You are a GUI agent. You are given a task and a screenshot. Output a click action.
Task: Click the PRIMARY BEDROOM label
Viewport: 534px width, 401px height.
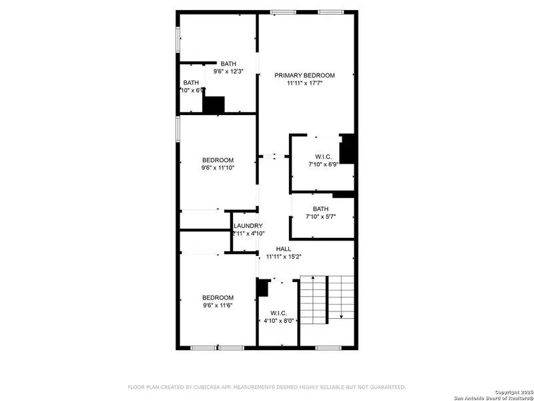pos(304,76)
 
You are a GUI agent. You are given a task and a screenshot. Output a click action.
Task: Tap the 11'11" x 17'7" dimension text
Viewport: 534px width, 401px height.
pos(304,84)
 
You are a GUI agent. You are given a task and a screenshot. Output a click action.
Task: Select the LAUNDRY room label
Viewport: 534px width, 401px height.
pos(248,226)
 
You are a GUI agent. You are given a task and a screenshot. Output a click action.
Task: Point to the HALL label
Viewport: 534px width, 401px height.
pos(283,249)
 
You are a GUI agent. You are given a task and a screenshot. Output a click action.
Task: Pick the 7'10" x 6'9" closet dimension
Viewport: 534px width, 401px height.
pos(324,164)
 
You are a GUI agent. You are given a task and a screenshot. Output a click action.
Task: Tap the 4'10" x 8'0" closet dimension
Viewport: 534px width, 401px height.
pos(278,321)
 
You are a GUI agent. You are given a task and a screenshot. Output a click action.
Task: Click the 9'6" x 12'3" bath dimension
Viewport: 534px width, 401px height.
pos(229,72)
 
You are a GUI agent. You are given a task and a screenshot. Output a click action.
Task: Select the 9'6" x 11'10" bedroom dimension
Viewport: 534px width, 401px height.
pos(218,168)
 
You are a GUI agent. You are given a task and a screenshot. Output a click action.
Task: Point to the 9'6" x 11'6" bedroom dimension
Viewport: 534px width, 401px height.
pos(218,306)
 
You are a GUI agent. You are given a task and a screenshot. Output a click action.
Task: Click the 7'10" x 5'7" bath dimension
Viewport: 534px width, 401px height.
pos(320,216)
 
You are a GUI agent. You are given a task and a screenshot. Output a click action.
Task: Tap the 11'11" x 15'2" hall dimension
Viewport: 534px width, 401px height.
pos(283,256)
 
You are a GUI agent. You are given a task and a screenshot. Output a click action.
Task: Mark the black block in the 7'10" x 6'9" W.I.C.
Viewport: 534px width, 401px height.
pos(347,149)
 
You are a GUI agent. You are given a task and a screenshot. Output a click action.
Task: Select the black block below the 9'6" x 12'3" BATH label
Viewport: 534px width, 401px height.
pos(214,105)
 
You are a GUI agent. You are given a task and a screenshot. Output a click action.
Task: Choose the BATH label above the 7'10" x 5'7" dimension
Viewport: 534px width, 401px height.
pos(320,209)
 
